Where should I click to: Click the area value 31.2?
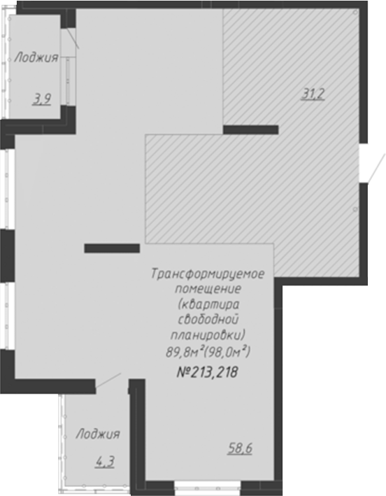[x=313, y=95]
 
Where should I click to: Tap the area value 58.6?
[x=239, y=448]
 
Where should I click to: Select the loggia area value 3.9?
[x=42, y=99]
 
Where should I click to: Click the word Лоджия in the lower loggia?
[x=98, y=434]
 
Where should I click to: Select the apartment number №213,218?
[x=206, y=372]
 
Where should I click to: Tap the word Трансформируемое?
[x=207, y=274]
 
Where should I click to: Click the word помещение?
[x=207, y=288]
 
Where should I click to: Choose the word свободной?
[x=208, y=318]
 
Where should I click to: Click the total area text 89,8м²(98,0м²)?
[x=208, y=350]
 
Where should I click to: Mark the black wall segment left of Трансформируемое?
[x=112, y=247]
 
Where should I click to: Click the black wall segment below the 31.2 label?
[x=250, y=129]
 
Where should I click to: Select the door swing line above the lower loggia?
[x=108, y=380]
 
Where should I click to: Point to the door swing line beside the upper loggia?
[x=73, y=39]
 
